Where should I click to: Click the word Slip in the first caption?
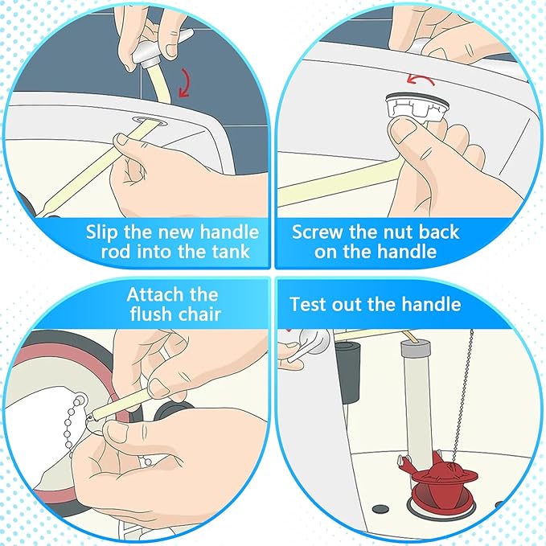coord(101,232)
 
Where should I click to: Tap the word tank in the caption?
coord(232,252)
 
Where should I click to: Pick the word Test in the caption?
coord(308,304)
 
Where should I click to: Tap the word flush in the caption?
coord(150,314)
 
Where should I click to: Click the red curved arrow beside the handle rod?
coord(186,83)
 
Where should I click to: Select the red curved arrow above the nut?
coord(421,79)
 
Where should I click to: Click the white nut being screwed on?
coord(416,107)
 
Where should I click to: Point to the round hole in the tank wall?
coord(148,121)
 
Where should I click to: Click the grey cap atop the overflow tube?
coord(416,347)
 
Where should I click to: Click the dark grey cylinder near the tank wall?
coord(347,372)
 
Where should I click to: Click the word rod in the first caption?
coord(115,252)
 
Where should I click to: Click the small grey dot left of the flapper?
coord(380,510)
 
